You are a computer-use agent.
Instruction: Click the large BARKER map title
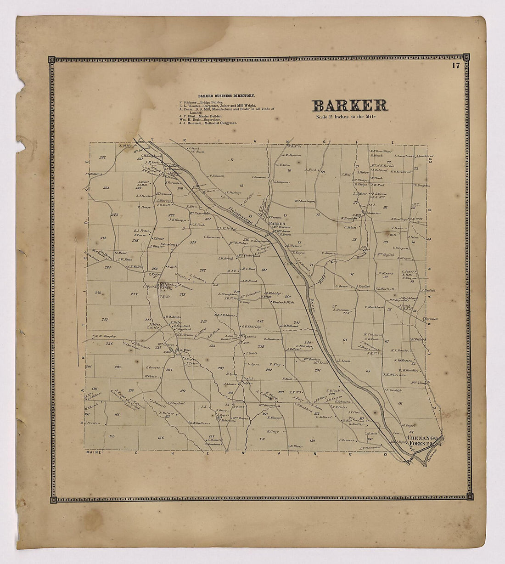point(350,106)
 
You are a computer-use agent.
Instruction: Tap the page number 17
point(455,65)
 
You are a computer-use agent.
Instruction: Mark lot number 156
point(161,438)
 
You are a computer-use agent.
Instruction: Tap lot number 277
point(134,294)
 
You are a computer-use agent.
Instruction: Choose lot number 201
point(317,371)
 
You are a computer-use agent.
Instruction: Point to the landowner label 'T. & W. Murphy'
point(102,336)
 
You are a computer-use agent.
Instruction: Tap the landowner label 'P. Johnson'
point(216,175)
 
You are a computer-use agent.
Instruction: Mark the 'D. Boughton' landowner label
point(421,186)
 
